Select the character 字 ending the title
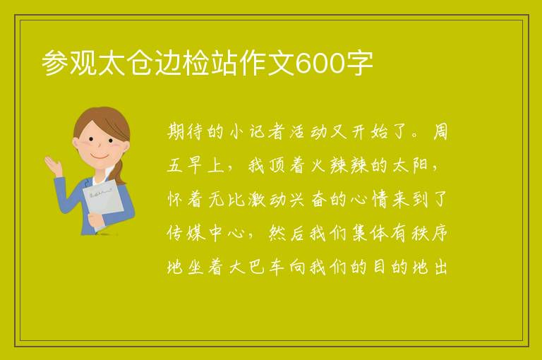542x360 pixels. tap(359, 64)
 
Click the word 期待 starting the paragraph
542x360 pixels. tap(187, 132)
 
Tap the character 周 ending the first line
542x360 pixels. tap(440, 132)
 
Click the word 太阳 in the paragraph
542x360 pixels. tap(410, 165)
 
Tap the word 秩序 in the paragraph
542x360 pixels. tap(430, 233)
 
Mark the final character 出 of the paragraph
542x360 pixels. tap(441, 267)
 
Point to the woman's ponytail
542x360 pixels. tap(119, 171)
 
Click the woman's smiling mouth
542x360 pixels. tap(100, 157)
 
